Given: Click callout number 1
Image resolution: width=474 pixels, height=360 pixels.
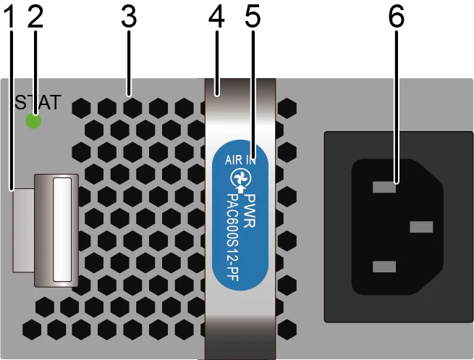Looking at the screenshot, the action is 11,17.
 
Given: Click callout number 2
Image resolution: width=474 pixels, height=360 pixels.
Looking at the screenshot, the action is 35,17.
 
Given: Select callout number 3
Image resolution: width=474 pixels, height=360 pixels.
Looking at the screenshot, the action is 129,17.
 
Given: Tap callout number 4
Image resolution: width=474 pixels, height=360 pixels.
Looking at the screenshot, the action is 216,17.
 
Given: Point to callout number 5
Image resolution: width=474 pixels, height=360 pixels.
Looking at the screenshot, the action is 253,17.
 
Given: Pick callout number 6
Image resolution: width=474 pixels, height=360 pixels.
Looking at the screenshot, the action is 397,17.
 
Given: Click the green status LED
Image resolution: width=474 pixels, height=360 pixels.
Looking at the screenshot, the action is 33,121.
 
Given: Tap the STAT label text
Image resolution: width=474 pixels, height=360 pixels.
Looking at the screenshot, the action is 38,102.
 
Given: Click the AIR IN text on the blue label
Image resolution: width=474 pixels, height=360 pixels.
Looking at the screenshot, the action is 240,159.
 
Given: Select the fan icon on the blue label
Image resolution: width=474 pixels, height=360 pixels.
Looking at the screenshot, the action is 240,178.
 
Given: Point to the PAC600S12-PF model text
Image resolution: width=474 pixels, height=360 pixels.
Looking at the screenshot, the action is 233,237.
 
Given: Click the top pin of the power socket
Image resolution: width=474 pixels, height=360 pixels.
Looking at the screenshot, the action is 384,187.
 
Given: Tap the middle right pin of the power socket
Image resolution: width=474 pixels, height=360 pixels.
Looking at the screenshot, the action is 421,227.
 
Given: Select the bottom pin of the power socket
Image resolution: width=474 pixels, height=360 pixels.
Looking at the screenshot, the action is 384,267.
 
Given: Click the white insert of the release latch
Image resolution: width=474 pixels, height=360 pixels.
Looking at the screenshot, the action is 62,230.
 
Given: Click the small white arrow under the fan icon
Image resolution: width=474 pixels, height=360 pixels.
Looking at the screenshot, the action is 240,190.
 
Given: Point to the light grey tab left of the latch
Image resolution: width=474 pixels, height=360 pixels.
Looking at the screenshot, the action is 23,230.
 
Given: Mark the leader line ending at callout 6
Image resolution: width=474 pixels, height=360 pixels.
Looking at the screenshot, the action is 397,106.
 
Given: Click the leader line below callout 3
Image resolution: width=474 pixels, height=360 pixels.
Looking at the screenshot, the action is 129,62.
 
